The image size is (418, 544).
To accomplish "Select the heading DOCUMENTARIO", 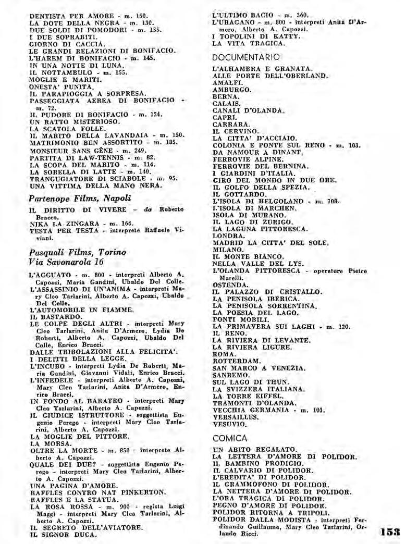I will pos(246,57).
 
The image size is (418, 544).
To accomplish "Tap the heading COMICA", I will pos(230,438).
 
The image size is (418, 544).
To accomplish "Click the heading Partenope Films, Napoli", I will pos(80,198).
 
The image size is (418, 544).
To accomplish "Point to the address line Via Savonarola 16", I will pos(66,262).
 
